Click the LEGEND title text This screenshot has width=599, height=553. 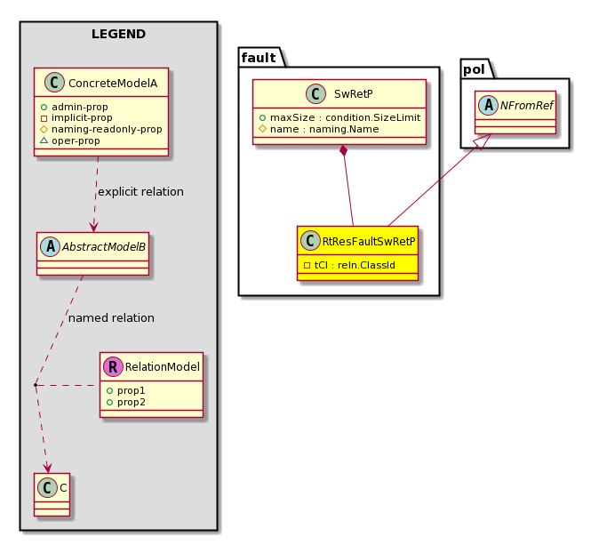tap(118, 34)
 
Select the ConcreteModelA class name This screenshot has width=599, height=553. tap(113, 83)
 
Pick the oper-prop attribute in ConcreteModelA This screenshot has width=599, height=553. tap(70, 140)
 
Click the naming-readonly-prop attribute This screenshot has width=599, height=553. tap(101, 129)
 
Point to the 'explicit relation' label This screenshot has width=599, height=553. tap(140, 191)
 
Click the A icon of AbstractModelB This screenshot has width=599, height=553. tap(50, 246)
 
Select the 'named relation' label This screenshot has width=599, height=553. tap(111, 318)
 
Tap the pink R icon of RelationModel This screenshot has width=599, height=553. tap(113, 367)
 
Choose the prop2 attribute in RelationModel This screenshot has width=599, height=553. tap(125, 402)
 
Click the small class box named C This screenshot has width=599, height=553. tap(52, 494)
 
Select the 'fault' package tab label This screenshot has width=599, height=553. tap(259, 58)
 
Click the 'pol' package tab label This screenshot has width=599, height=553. tap(474, 69)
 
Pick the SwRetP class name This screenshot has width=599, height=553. tap(354, 94)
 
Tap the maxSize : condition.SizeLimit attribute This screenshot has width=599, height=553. tap(339, 117)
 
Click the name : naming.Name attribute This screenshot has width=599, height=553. tap(319, 129)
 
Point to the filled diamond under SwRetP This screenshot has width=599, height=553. tap(344, 150)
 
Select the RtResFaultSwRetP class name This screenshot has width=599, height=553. tap(369, 242)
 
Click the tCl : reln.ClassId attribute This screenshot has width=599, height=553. tap(349, 265)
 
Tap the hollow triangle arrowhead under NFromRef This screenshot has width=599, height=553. tap(482, 141)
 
